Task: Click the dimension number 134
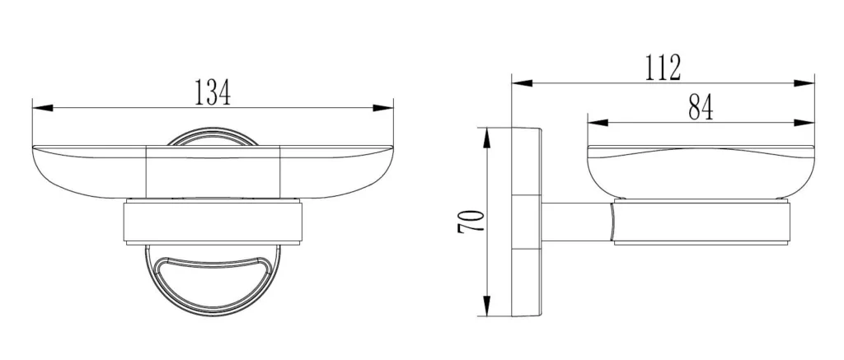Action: click(212, 93)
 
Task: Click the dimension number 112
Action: click(663, 68)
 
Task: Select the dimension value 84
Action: click(699, 108)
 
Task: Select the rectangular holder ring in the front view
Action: click(213, 222)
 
